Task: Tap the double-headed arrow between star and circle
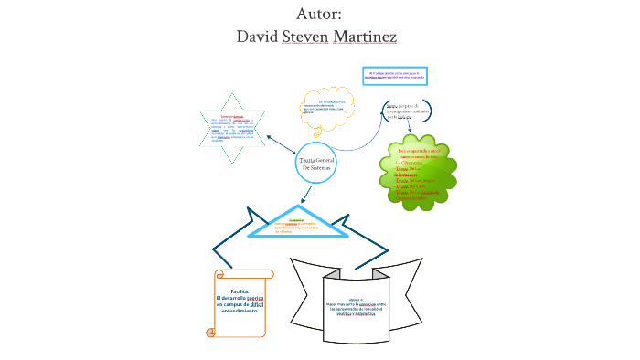280,145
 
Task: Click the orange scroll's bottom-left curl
212,332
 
